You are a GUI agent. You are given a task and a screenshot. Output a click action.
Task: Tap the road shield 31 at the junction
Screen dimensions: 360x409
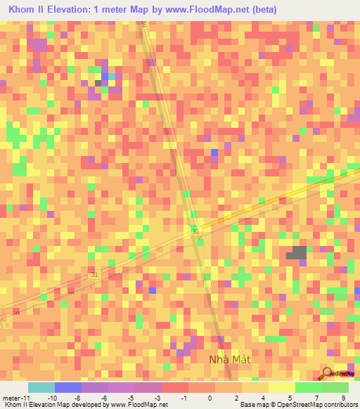[195, 231]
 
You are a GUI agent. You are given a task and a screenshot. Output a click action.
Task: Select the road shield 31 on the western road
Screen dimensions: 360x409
[94, 275]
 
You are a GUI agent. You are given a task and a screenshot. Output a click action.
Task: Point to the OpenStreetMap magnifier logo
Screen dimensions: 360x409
[328, 373]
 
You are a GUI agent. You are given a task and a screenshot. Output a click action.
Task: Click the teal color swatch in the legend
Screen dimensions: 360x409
[41, 388]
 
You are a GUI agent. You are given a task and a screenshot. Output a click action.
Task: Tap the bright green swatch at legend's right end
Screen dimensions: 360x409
[335, 388]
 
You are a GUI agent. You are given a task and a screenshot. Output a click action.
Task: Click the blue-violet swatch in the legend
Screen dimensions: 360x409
[68, 388]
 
